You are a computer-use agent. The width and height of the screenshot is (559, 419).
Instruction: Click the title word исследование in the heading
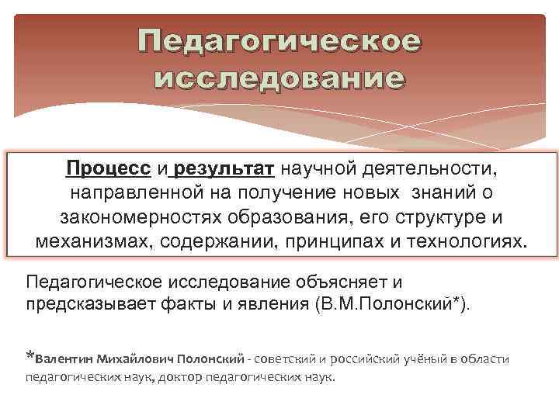coord(279,78)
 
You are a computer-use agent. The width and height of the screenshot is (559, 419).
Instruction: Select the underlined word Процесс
coord(109,168)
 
